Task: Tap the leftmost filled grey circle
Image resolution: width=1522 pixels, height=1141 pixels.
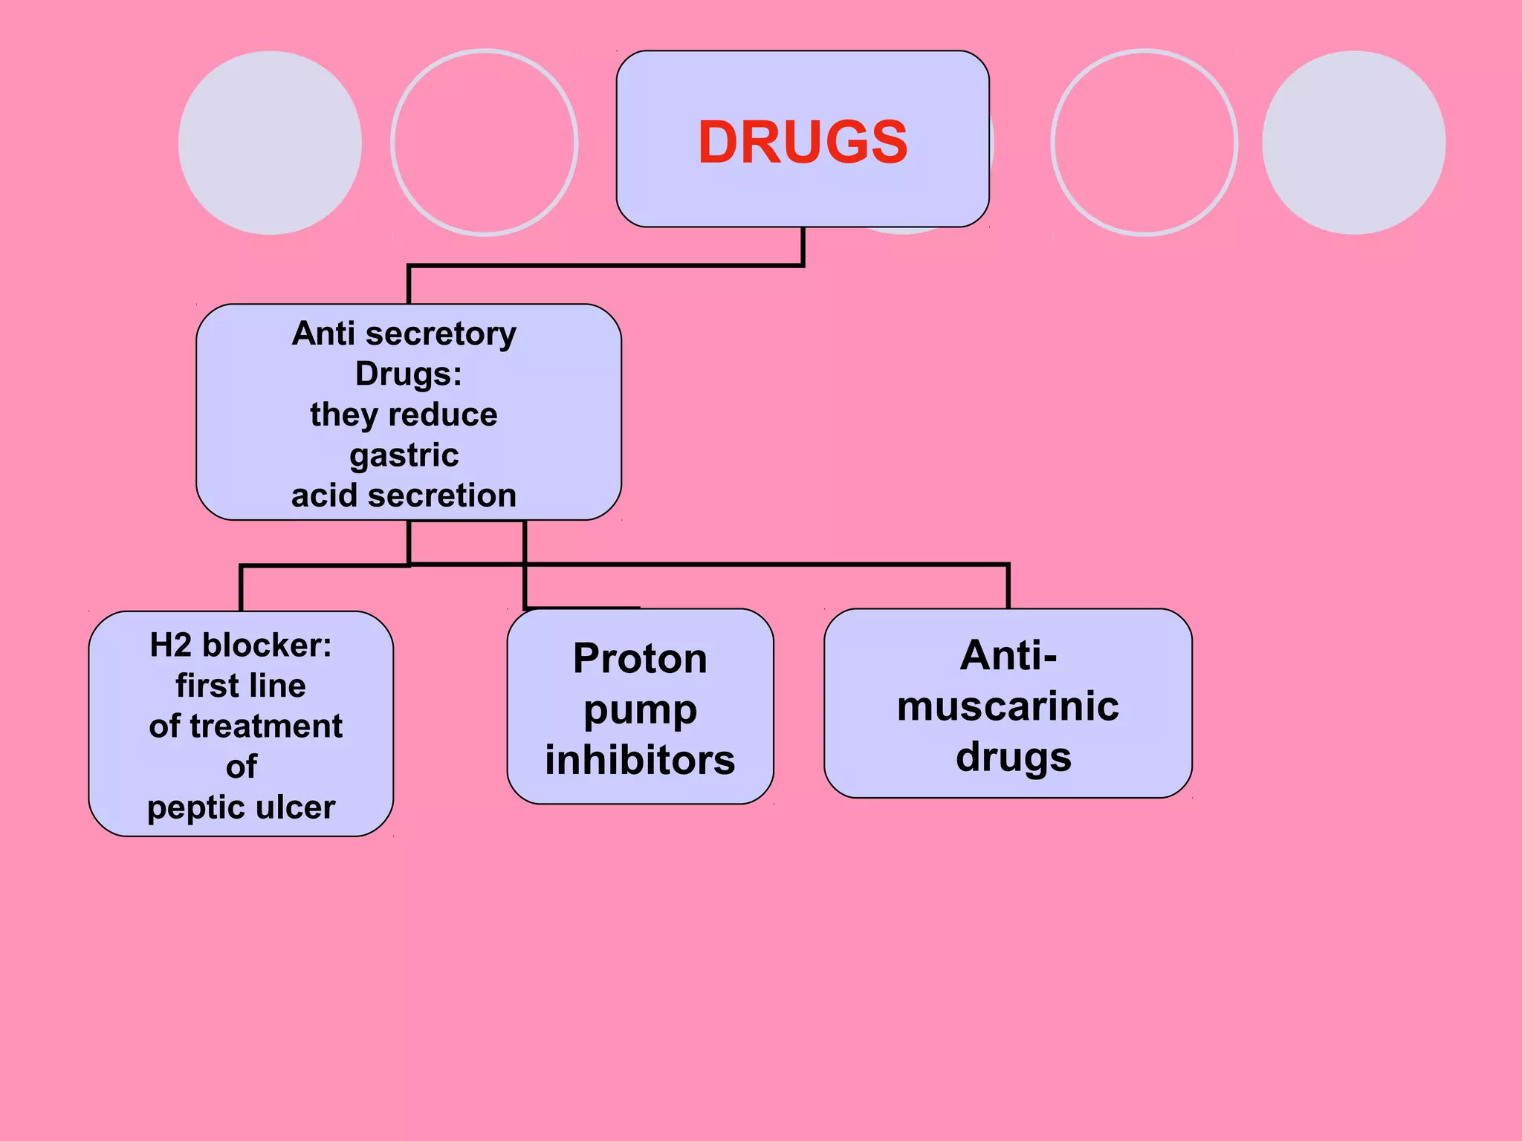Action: pyautogui.click(x=270, y=143)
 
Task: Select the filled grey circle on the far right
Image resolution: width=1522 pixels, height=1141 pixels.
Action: pyautogui.click(x=1353, y=143)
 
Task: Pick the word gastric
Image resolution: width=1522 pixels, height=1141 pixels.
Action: pyautogui.click(x=404, y=455)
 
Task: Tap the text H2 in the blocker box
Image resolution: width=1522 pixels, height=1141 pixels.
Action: pyautogui.click(x=171, y=645)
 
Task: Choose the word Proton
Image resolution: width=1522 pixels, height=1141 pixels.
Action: pyautogui.click(x=640, y=658)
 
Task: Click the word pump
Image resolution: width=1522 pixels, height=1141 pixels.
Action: pyautogui.click(x=640, y=710)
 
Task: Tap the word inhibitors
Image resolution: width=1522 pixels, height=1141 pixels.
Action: pyautogui.click(x=640, y=761)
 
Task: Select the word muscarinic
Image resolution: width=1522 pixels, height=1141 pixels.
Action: pyautogui.click(x=1008, y=706)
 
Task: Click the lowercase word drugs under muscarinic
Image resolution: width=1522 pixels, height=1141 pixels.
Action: pyautogui.click(x=1014, y=758)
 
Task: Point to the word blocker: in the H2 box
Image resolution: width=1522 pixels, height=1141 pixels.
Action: pyautogui.click(x=267, y=645)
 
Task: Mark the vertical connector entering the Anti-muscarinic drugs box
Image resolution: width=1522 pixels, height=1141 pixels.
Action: pyautogui.click(x=1008, y=587)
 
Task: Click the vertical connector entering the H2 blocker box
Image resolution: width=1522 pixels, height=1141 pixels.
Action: pyautogui.click(x=241, y=588)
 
